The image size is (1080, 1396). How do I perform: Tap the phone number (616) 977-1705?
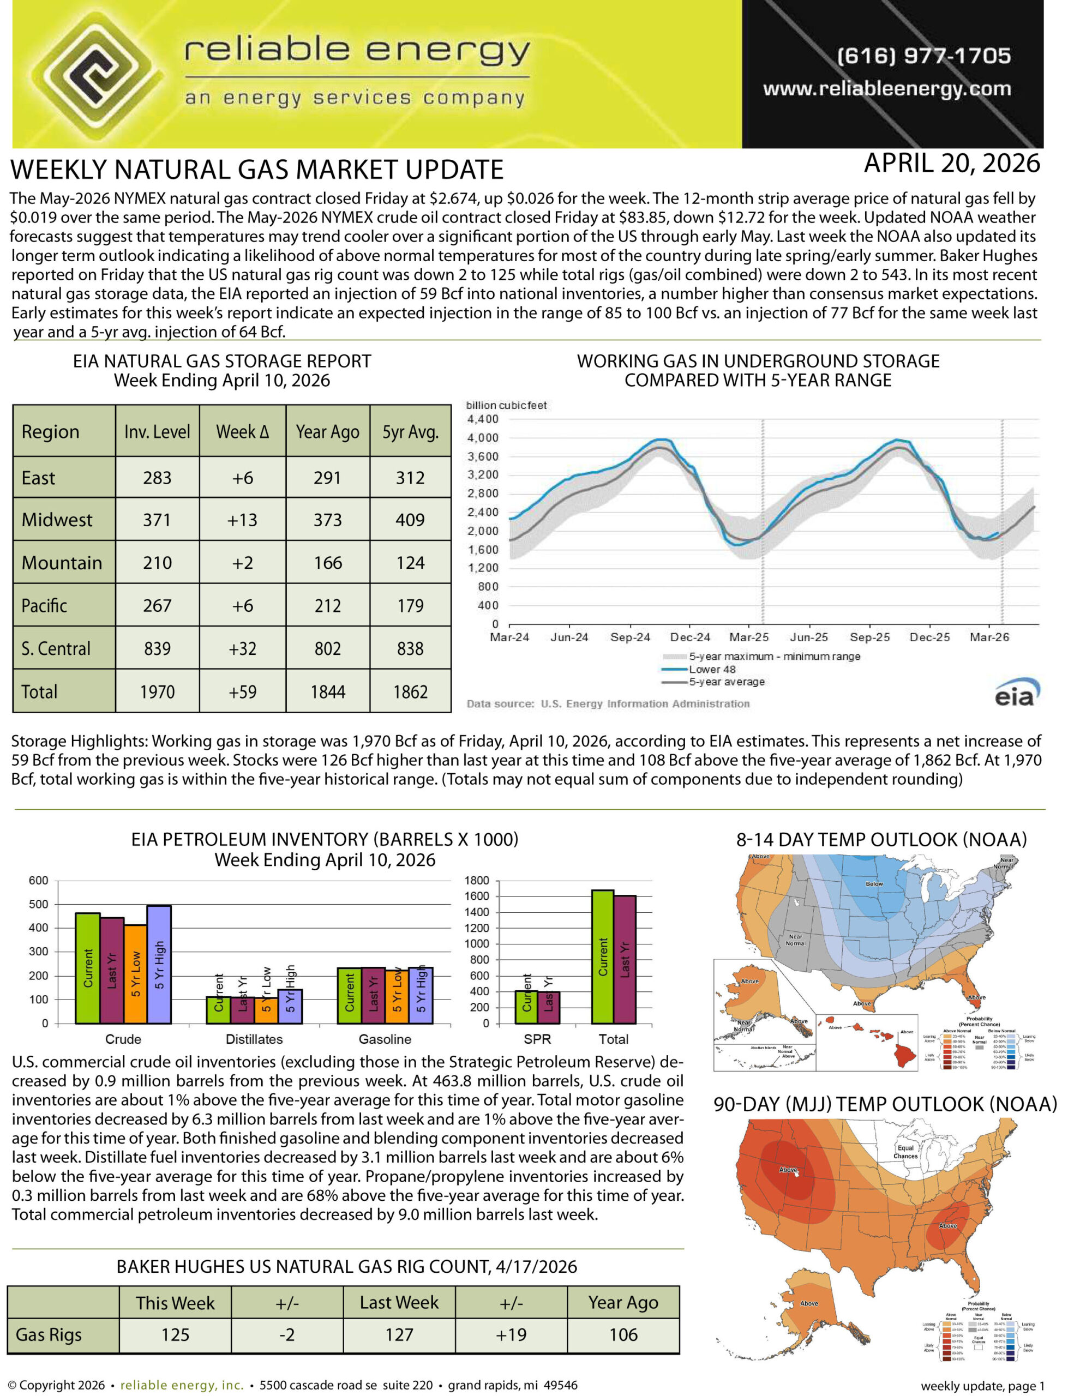point(923,56)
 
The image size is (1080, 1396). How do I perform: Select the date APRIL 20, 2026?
point(951,164)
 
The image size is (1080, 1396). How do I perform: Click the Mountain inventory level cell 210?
point(157,563)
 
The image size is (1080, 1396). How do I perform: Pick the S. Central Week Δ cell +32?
point(242,648)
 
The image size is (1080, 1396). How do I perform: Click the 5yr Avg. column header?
point(410,432)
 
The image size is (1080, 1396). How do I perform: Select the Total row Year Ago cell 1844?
point(327,691)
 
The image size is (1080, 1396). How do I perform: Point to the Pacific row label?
point(44,605)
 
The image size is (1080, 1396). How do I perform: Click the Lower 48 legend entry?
point(712,669)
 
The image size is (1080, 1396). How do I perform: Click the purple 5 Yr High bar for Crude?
point(159,965)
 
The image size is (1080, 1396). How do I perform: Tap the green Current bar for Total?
point(602,957)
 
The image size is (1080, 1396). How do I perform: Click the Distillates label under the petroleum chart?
point(254,1039)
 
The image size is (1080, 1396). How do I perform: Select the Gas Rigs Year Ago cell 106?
point(623,1334)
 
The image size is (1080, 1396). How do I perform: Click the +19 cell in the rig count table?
point(511,1334)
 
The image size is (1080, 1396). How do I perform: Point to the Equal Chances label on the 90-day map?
point(905,1152)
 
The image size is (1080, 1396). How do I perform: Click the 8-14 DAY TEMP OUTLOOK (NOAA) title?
point(881,840)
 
